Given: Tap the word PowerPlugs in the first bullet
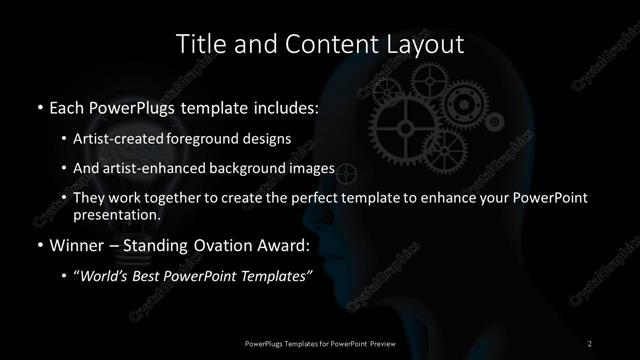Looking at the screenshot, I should click(x=136, y=107).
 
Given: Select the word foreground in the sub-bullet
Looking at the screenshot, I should click(x=233, y=138).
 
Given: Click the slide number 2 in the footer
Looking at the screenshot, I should click(x=590, y=343).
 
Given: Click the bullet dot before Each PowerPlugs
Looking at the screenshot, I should click(x=38, y=107).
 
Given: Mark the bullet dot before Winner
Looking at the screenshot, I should click(x=38, y=245).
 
